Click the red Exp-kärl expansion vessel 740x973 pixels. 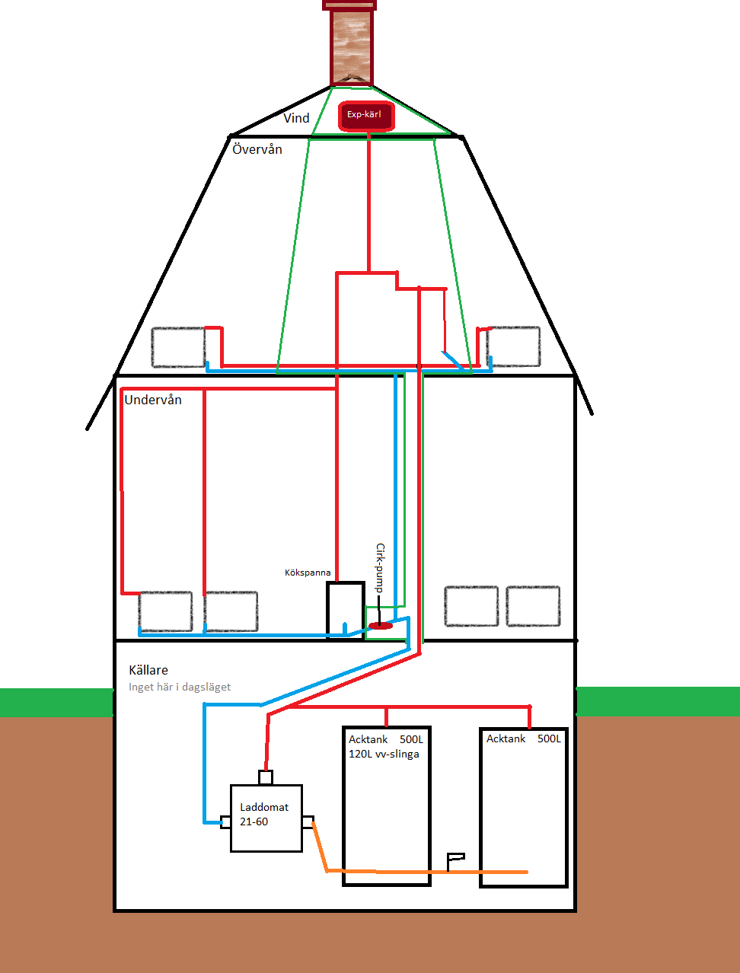pos(366,116)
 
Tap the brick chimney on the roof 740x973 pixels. pos(350,43)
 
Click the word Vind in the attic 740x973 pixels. pos(296,118)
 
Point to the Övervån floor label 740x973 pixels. pos(257,149)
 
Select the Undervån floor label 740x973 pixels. pos(153,400)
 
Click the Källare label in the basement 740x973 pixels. pos(148,670)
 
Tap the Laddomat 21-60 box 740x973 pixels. pos(266,818)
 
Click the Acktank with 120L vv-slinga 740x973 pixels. pos(387,806)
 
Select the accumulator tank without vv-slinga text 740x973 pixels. pos(525,808)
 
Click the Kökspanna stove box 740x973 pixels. pos(346,610)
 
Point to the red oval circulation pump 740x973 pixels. pos(381,626)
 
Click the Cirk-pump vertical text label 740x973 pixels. pos(380,568)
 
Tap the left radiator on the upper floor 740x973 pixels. pos(178,347)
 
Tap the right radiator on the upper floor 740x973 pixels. pos(514,346)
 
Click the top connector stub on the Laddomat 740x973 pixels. pos(266,777)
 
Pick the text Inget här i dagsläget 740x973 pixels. pos(180,687)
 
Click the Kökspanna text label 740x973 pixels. pos(308,573)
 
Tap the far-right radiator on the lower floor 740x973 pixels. pos(533,606)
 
